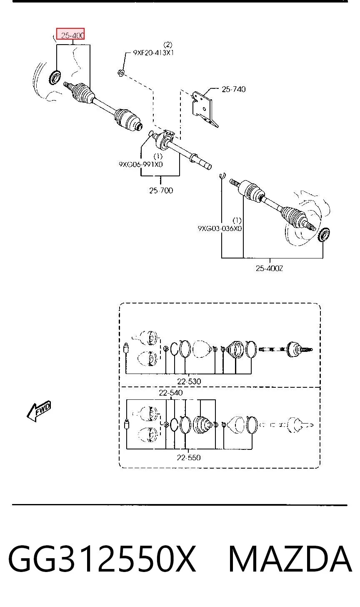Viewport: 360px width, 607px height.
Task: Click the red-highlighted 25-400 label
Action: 70,34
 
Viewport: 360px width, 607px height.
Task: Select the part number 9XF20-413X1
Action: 153,53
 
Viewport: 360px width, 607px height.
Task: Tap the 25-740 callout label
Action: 233,89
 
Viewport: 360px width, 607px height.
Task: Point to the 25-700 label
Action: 161,191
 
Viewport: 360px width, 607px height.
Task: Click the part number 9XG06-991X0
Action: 140,164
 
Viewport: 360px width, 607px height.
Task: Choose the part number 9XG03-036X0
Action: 220,228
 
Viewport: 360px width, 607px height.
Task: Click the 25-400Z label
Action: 269,268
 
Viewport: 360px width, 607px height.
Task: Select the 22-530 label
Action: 189,381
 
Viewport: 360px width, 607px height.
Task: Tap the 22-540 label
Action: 171,393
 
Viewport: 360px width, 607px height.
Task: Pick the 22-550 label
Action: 189,458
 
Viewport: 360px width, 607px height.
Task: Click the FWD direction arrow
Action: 39,411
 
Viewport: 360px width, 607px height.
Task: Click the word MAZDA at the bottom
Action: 290,559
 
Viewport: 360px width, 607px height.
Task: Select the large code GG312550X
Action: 102,559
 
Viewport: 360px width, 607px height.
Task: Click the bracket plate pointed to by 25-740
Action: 205,109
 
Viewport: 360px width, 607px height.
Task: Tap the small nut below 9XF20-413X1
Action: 121,73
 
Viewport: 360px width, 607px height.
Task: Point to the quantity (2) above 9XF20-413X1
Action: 167,45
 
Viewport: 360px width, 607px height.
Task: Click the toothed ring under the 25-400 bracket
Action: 55,77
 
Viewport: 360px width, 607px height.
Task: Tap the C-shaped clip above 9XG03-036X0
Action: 222,176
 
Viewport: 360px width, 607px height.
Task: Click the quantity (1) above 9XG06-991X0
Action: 158,156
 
